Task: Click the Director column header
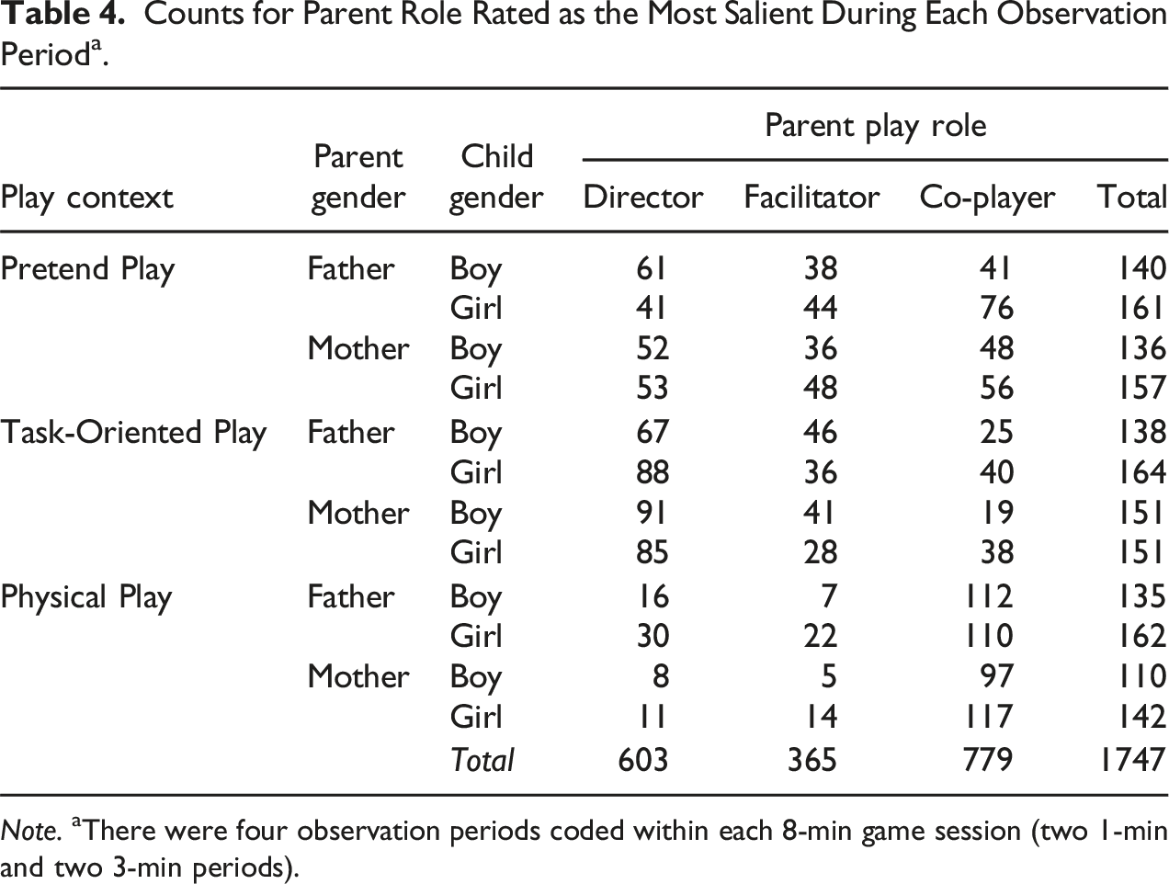tap(643, 197)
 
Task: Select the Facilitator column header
tap(811, 197)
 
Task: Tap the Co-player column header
tap(987, 198)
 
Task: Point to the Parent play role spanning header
tap(876, 127)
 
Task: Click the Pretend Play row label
tap(87, 269)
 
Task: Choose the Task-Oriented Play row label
tap(133, 433)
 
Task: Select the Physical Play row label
tap(86, 597)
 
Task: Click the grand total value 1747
tap(1133, 759)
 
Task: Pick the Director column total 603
tap(642, 759)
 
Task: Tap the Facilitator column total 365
tap(812, 759)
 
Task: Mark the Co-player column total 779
tap(988, 759)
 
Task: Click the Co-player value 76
tap(996, 308)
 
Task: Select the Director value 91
tap(652, 513)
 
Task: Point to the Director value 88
tap(653, 471)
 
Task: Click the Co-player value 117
tap(989, 716)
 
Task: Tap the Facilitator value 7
tap(828, 595)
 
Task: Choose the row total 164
tap(1141, 471)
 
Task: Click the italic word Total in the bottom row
tap(482, 759)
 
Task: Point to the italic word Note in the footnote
tap(29, 831)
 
